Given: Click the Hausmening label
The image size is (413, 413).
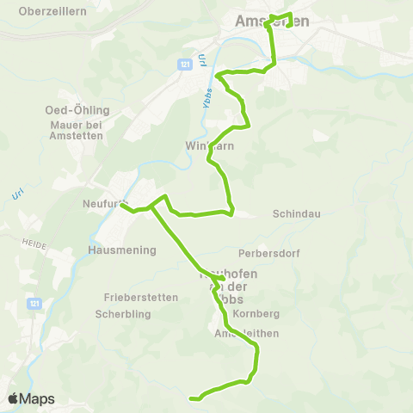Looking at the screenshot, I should tap(122, 250).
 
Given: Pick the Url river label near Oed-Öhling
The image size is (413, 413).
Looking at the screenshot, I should tap(17, 194).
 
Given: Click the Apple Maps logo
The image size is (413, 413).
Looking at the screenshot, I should tap(31, 398).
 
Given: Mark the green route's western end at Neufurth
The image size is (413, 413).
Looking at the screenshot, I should tap(122, 205).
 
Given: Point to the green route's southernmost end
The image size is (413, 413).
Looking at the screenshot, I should tap(191, 398).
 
